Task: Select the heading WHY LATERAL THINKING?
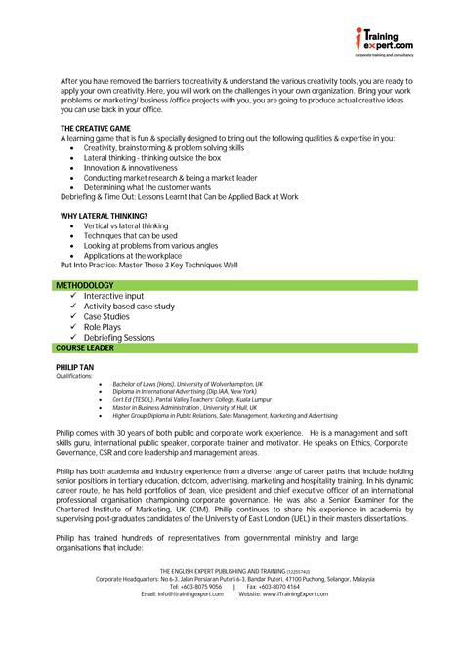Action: point(104,215)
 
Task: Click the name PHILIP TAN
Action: point(76,366)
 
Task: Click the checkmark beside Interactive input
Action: point(74,296)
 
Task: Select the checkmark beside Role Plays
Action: point(74,327)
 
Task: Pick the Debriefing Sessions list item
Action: point(119,338)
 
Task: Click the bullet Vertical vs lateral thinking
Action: point(126,225)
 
